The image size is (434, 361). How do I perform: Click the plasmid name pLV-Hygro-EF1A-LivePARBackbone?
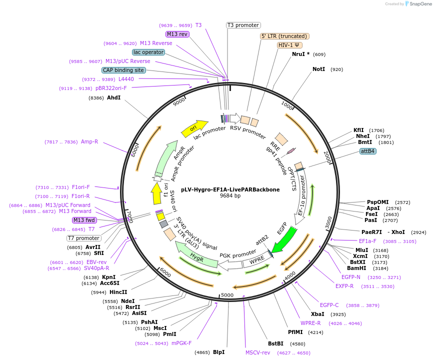tap(230, 189)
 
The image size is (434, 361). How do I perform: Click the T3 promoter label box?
tap(243, 25)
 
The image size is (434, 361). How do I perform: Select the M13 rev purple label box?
tap(177, 34)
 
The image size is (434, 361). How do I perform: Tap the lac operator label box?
tap(148, 52)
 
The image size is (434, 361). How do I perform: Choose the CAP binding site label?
tap(123, 70)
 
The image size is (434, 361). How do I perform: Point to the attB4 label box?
tap(368, 151)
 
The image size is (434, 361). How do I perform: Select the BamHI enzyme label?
tap(357, 268)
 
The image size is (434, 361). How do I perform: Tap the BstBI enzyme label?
tap(275, 343)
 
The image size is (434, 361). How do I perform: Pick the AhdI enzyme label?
tap(114, 97)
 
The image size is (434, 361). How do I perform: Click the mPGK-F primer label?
tap(181, 343)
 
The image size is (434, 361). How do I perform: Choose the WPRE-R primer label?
tap(310, 323)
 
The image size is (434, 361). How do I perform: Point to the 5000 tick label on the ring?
tap(227, 295)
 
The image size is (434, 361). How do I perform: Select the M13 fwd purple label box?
tap(84, 220)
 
